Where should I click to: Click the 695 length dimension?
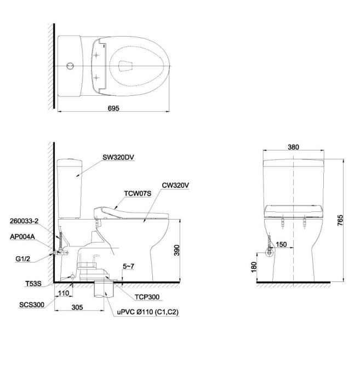tap(113, 109)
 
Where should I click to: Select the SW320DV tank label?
tap(118, 157)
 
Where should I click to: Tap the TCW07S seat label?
tap(138, 194)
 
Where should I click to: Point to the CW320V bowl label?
tap(175, 185)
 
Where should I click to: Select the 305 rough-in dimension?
tap(77, 308)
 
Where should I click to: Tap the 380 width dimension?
tap(293, 147)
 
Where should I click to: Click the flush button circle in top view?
tap(69, 66)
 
